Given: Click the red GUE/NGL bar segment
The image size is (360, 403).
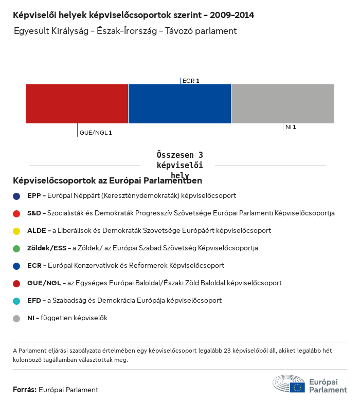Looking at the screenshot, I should (x=77, y=104).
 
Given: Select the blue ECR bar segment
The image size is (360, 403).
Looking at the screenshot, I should (x=179, y=104).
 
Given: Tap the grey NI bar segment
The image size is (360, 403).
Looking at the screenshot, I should (x=282, y=104).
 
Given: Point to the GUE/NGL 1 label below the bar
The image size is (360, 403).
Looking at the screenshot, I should (x=96, y=133).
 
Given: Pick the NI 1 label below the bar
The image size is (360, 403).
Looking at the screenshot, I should (x=291, y=127).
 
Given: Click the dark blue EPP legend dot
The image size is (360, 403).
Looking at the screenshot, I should (x=16, y=196).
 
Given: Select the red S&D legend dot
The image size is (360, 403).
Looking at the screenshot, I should (x=16, y=213).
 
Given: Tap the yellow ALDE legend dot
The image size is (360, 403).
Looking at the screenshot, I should (x=16, y=231).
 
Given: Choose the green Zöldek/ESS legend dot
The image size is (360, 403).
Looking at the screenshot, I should (x=16, y=248).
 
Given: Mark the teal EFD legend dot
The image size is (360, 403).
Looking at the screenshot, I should (x=16, y=301).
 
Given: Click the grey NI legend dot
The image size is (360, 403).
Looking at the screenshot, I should (x=16, y=318).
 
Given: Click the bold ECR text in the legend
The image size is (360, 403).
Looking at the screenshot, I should (x=34, y=266).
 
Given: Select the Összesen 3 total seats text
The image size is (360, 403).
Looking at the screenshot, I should (x=180, y=155).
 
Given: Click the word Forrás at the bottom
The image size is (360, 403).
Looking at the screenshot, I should (x=24, y=390).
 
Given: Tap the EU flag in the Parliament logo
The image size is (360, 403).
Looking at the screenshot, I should (x=297, y=387).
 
